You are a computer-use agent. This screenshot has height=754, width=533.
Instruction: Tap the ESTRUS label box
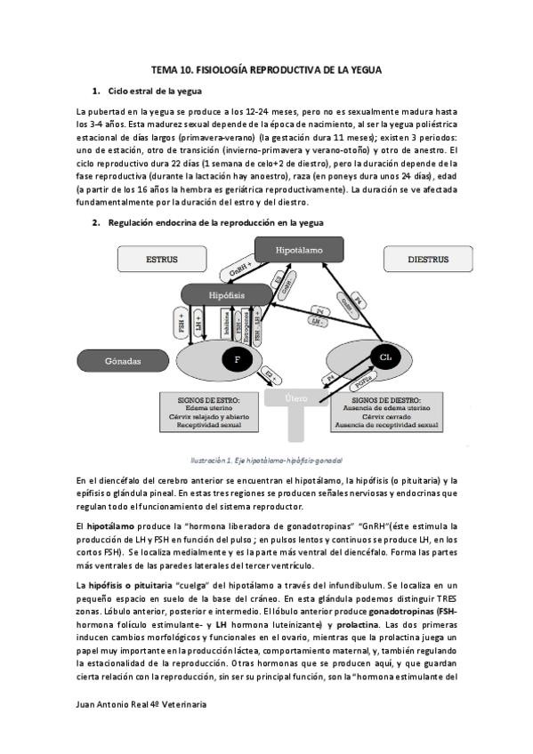coord(162,261)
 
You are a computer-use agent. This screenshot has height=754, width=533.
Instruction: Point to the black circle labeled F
coord(237,360)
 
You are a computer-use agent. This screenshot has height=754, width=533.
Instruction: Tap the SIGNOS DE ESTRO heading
coord(202,400)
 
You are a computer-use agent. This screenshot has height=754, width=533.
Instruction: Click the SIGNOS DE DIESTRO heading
coord(388,400)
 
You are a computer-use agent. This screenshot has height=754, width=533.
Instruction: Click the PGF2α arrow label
coord(363,382)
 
